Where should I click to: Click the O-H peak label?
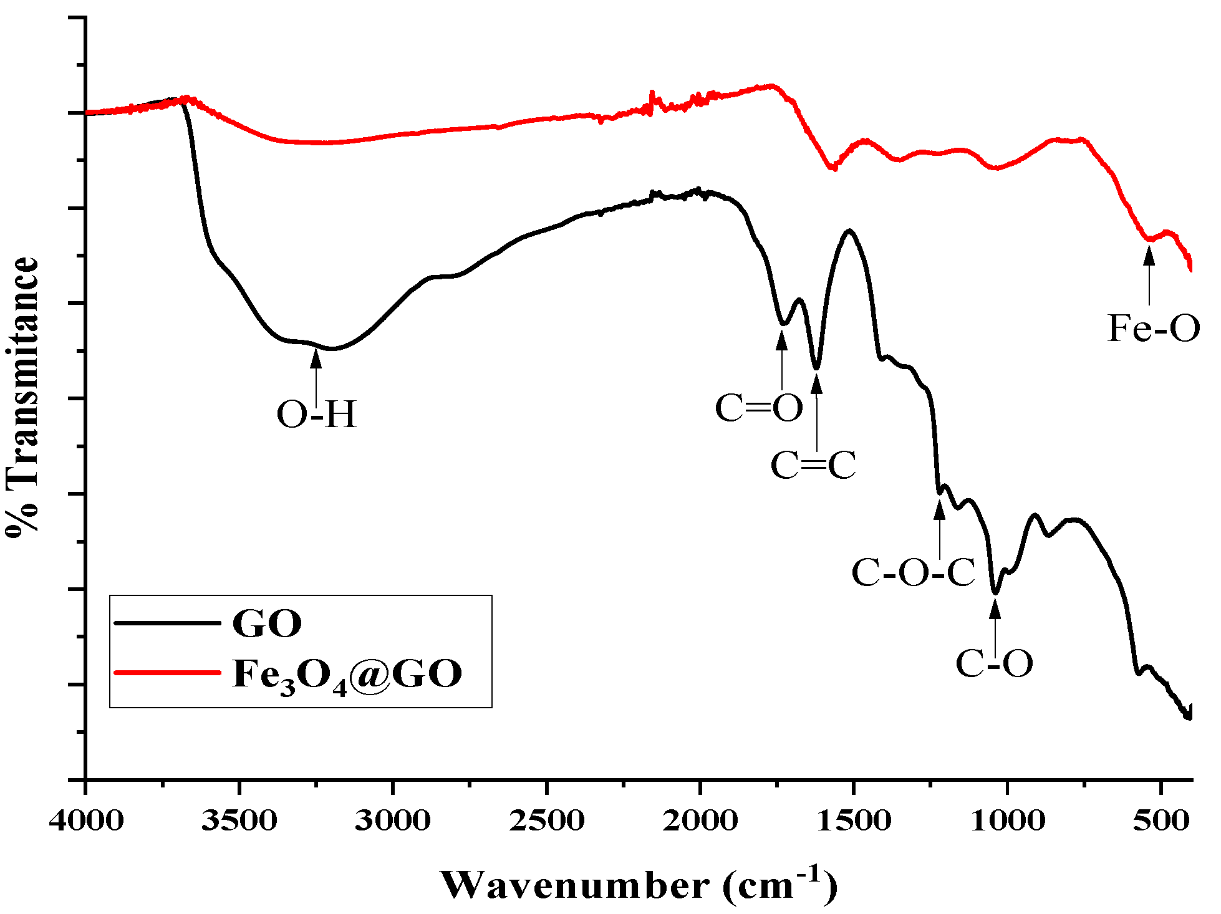click(317, 414)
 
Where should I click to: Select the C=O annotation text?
click(759, 408)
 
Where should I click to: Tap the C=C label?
click(814, 465)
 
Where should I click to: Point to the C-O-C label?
click(913, 572)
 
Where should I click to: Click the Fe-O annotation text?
click(1154, 328)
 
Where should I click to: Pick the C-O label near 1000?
click(995, 663)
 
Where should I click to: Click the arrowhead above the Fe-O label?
click(1149, 256)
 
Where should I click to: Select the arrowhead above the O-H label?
click(316, 358)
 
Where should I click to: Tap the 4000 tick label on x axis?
click(86, 820)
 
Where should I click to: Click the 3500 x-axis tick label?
click(239, 820)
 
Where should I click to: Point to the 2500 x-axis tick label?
click(547, 820)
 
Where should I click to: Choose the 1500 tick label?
click(854, 820)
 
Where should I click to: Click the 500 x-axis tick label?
click(1161, 820)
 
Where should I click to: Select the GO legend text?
click(267, 623)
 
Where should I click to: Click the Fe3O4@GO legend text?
click(347, 675)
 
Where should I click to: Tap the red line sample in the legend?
click(167, 673)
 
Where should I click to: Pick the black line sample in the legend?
click(167, 622)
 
